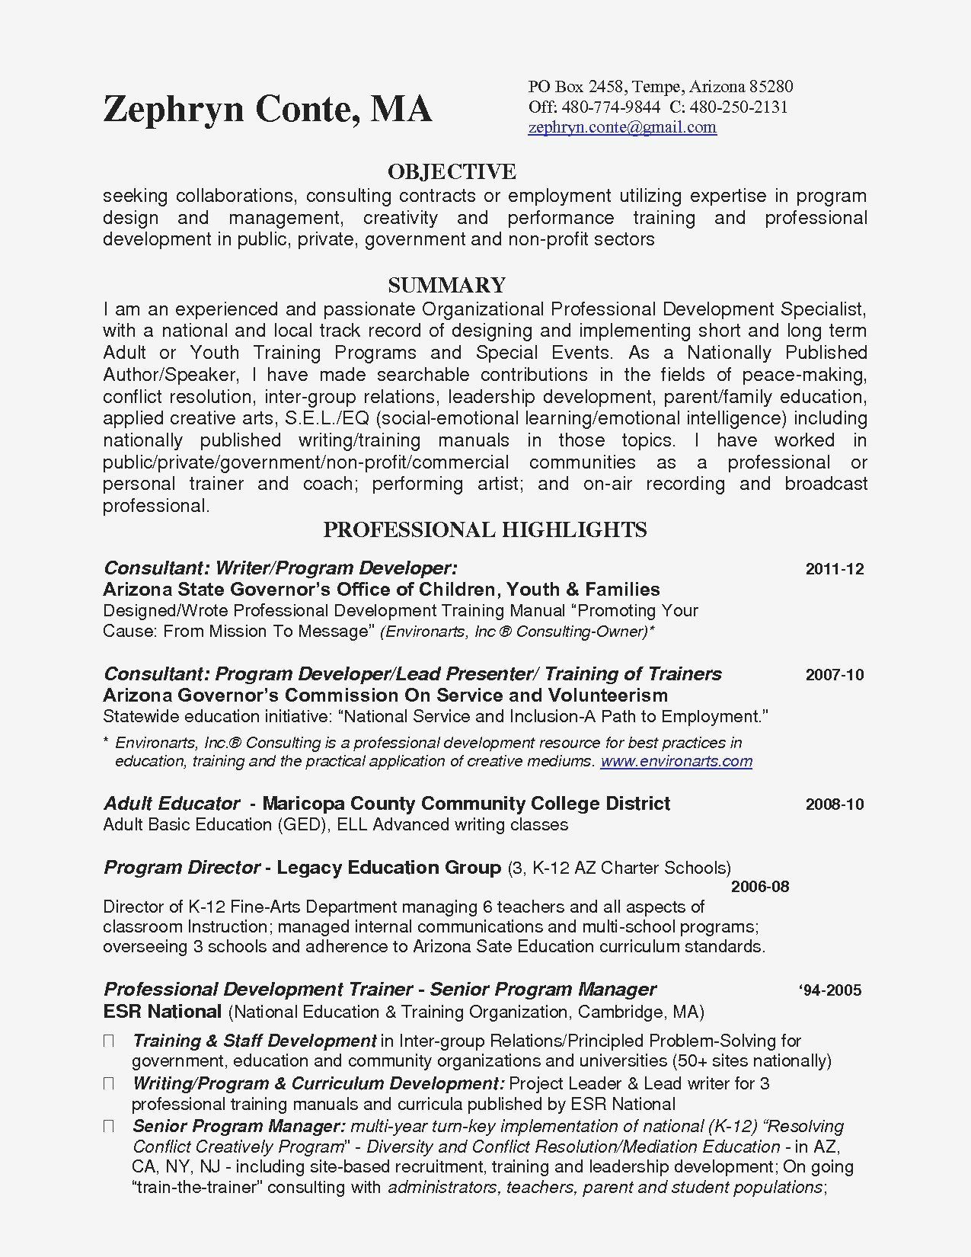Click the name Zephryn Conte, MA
point(267,109)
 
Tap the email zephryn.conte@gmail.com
point(622,127)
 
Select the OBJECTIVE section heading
point(452,171)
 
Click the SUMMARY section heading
point(446,285)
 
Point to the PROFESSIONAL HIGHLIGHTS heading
point(485,529)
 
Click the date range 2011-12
point(834,569)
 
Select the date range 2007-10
point(834,675)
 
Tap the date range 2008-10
point(834,804)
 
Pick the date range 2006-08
point(759,887)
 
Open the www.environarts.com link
point(676,761)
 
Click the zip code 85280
point(771,87)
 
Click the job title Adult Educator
point(171,804)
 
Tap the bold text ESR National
point(161,1012)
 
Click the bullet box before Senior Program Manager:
point(109,1126)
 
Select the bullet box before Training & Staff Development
point(109,1041)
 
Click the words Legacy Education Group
point(388,868)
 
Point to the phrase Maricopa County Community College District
point(466,804)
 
